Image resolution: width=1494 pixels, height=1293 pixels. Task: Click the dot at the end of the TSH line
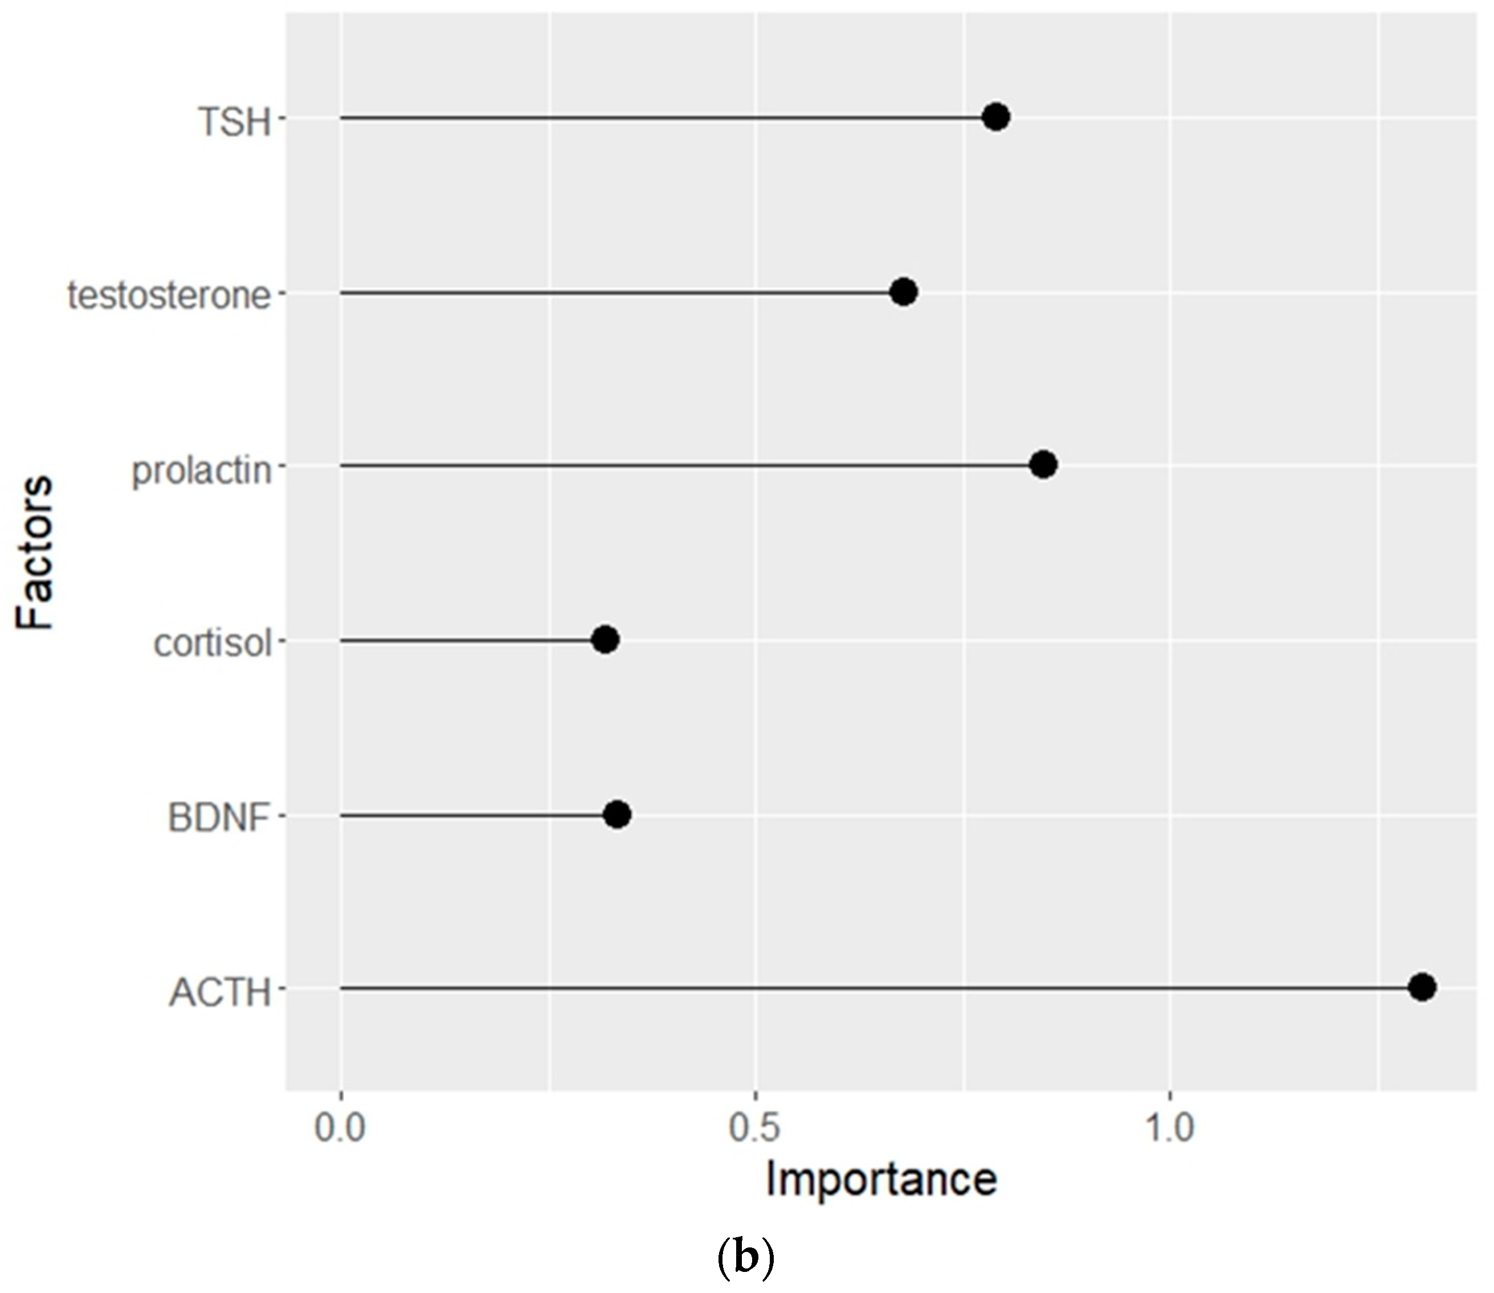[996, 116]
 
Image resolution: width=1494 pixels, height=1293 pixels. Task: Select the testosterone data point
[904, 292]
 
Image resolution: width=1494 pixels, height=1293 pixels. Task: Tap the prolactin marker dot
[1044, 465]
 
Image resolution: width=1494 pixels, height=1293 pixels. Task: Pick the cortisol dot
[605, 639]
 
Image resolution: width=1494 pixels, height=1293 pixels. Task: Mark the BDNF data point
[617, 815]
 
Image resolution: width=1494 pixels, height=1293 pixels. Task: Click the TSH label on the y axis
[235, 122]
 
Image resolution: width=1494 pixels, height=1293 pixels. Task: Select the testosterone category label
[170, 296]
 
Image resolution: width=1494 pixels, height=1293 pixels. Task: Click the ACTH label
[220, 993]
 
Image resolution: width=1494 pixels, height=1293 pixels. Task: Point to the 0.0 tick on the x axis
[340, 1128]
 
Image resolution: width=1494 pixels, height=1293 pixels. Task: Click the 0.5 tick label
[754, 1128]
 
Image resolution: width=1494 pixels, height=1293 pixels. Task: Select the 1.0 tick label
[1170, 1128]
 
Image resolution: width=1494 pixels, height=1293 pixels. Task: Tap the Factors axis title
[35, 552]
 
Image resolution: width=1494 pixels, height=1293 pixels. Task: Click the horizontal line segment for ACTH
[866, 988]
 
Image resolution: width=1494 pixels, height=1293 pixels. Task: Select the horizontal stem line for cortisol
[469, 640]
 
